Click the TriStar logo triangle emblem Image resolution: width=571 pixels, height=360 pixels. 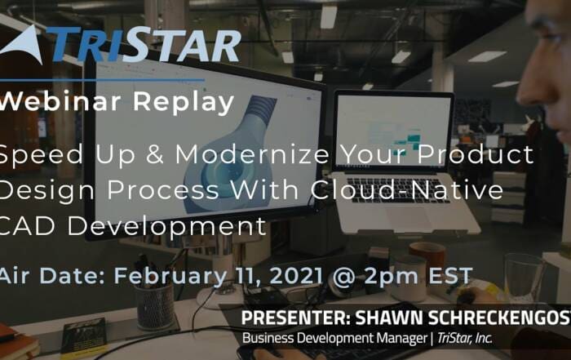tap(23, 46)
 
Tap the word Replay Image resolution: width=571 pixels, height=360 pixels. tap(184, 103)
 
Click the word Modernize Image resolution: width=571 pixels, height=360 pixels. tap(252, 153)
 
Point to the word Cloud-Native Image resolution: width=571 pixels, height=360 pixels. tap(407, 189)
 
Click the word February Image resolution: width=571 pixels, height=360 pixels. tap(170, 276)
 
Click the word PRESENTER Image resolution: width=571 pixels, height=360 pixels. tap(295, 318)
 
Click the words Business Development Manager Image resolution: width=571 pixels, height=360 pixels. tap(334, 338)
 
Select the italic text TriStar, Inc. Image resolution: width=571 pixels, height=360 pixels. tap(465, 338)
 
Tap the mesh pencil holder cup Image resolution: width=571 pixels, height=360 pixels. tap(155, 307)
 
